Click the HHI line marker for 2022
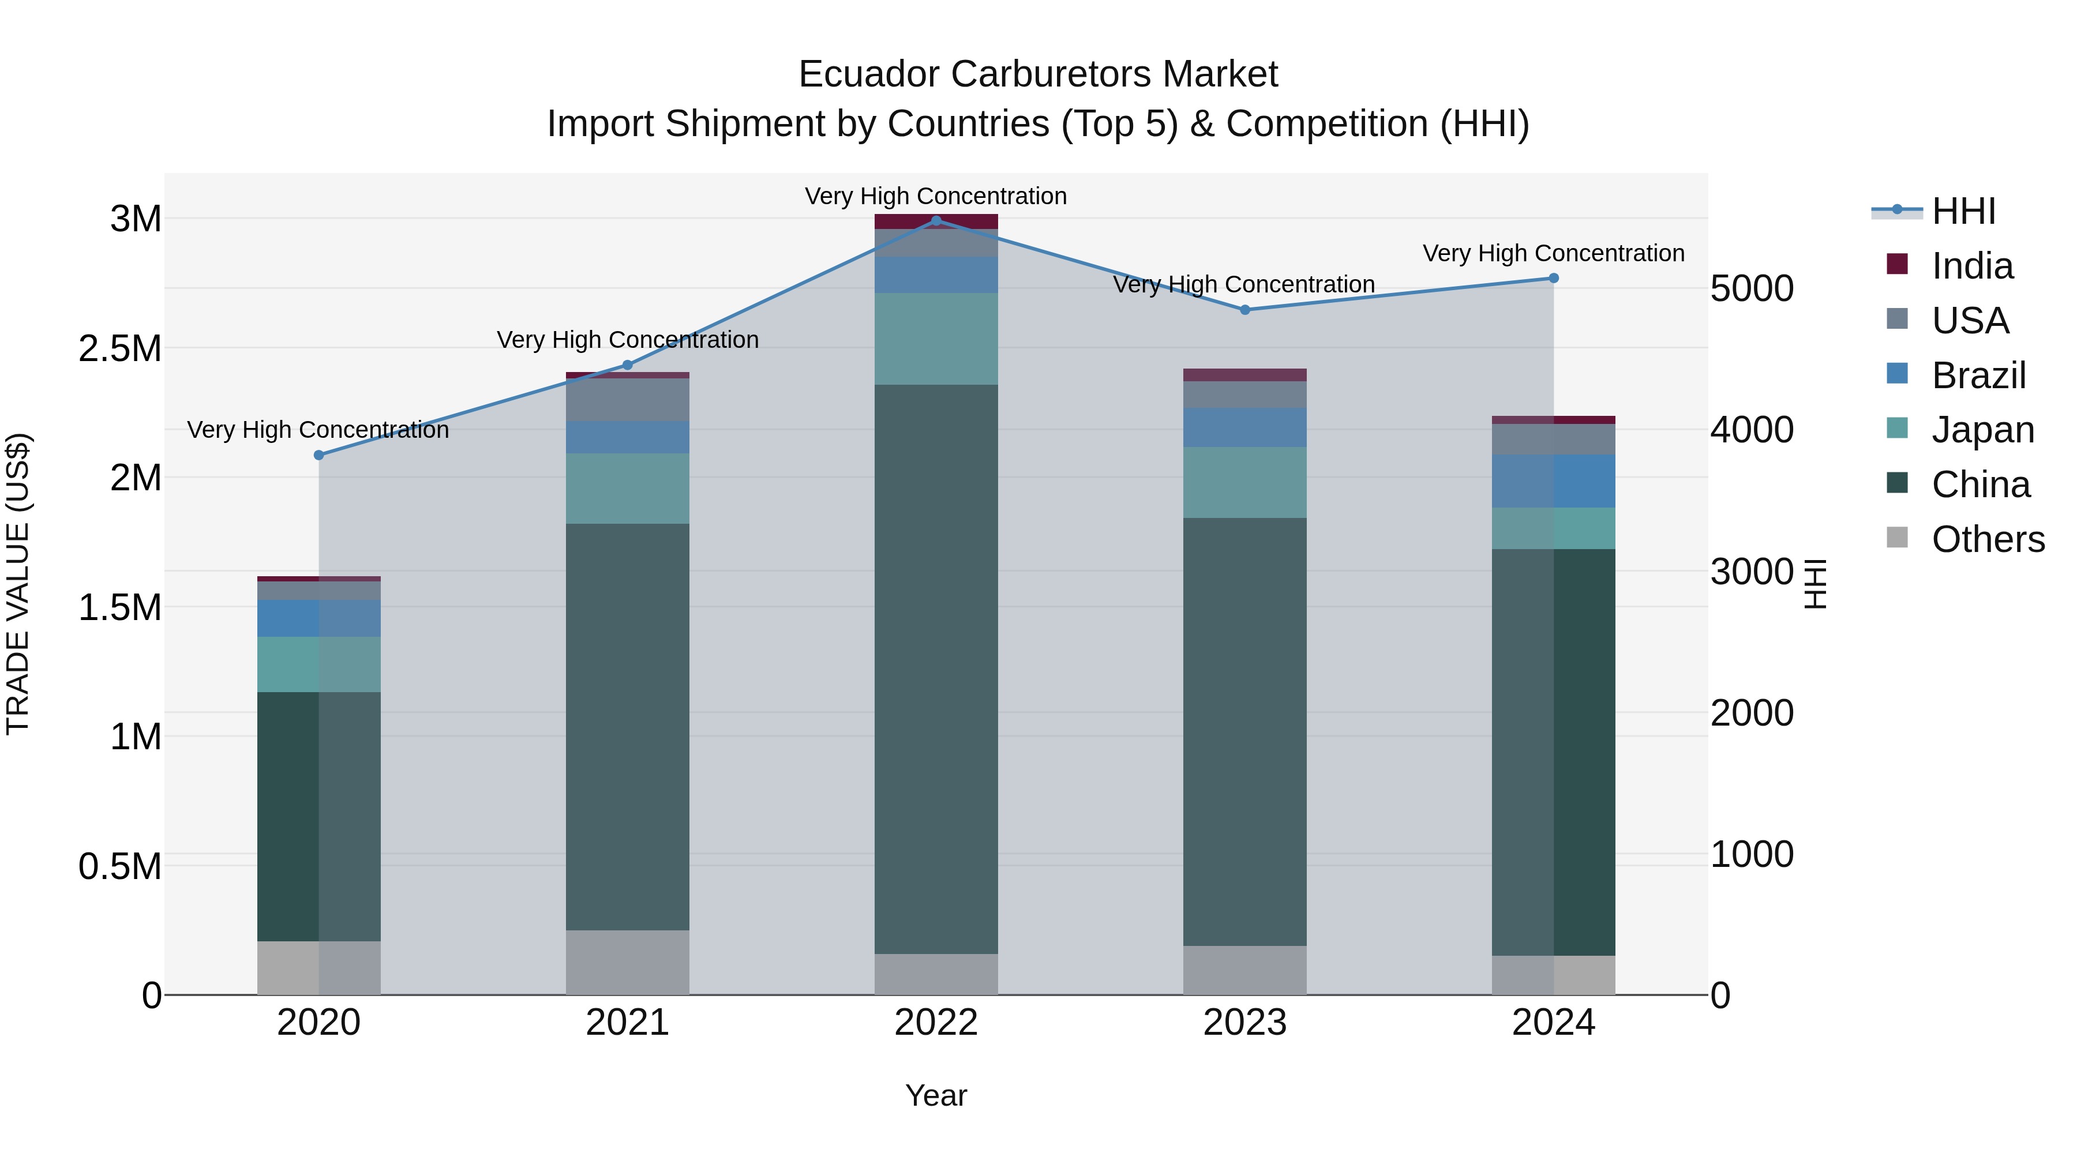tap(936, 220)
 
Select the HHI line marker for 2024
tap(1554, 278)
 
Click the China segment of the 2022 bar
tap(936, 669)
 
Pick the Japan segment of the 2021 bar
tap(627, 489)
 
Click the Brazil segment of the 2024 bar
tap(1554, 481)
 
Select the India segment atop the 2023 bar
tap(1245, 375)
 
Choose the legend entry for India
tap(1971, 266)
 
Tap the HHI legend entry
tap(1963, 211)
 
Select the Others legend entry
tap(1988, 539)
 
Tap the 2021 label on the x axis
tap(627, 1023)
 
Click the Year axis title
tap(936, 1095)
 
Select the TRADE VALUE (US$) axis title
tap(18, 584)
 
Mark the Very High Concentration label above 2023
tap(1244, 284)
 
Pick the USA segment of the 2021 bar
tap(627, 400)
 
